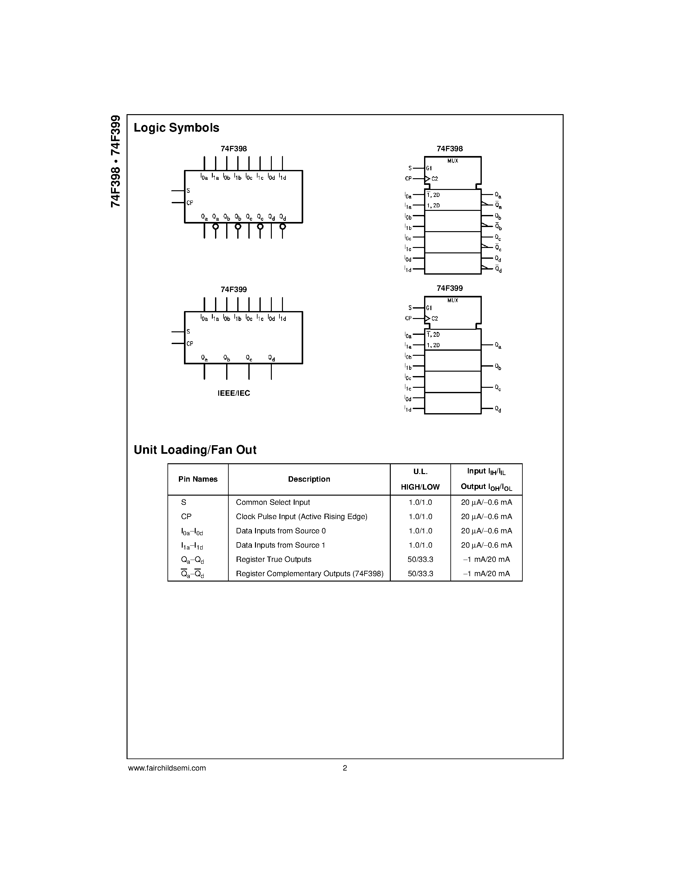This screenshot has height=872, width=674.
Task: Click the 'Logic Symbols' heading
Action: [176, 128]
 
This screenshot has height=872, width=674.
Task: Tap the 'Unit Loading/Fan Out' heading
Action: [195, 450]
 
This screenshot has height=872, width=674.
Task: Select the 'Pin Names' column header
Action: [198, 479]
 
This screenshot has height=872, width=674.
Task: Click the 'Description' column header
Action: [309, 479]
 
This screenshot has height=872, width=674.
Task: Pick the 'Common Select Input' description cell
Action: [273, 502]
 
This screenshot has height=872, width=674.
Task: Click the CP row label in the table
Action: [186, 517]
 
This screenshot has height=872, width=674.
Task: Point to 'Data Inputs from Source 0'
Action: [281, 531]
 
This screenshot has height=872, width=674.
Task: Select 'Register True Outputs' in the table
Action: [273, 559]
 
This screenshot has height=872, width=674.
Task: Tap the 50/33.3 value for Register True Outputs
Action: [420, 559]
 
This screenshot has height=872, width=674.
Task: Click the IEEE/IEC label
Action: [233, 393]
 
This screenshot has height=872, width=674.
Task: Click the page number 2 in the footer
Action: [344, 768]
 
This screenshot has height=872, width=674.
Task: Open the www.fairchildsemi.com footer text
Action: [167, 768]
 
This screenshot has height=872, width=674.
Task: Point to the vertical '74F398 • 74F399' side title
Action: [115, 161]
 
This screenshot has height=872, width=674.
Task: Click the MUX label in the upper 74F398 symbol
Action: [452, 161]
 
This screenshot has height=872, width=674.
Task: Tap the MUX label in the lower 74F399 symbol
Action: [452, 300]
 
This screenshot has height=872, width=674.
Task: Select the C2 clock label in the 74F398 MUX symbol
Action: [435, 179]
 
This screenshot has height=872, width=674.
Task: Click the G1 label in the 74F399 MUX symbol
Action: [429, 308]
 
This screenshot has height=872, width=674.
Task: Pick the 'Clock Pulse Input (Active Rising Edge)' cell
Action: [301, 517]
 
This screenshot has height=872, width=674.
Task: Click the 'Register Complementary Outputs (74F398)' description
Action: [310, 574]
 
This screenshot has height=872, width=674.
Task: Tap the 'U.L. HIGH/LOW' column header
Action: [420, 479]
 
